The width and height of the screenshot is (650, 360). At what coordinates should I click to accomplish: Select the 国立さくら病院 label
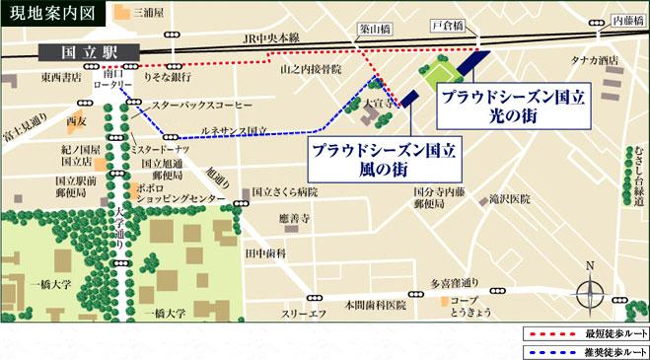tap(285, 191)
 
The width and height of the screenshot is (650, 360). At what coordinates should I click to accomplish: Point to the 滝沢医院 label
tap(511, 198)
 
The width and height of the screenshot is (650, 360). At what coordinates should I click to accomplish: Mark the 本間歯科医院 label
tap(374, 305)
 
